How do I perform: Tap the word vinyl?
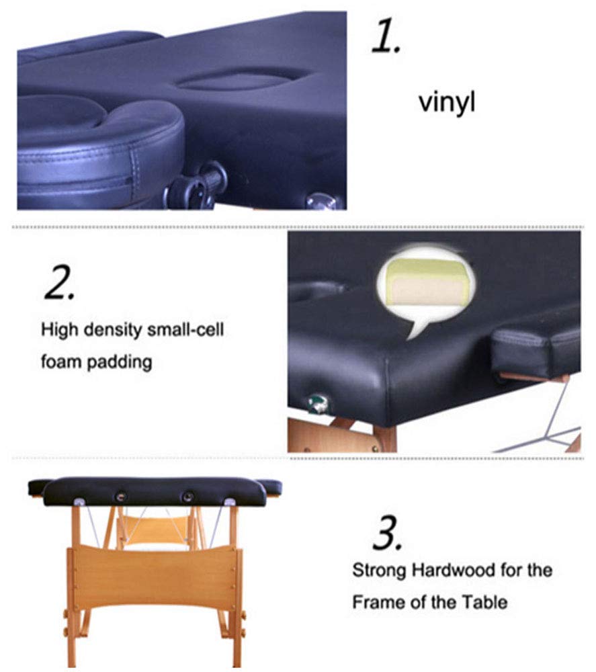pos(447,103)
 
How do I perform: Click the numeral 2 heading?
pos(60,282)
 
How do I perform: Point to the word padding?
pos(120,363)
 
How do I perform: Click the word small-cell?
pos(185,329)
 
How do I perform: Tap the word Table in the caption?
pos(484,603)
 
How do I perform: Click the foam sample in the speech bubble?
pos(425,283)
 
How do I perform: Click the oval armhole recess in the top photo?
pos(243,80)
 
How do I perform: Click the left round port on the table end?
pos(121,497)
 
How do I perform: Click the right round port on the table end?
pos(187,497)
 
